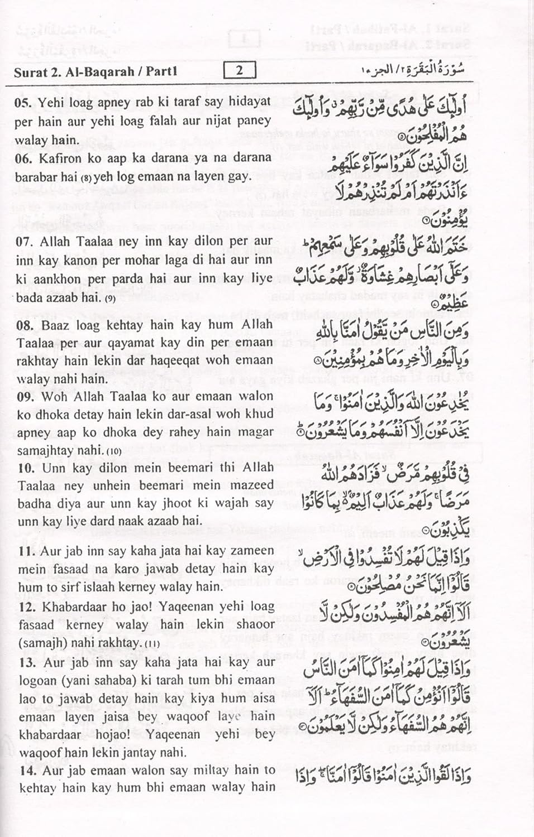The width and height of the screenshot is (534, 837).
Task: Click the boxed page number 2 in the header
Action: (x=239, y=71)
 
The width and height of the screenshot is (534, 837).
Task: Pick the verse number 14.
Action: (x=27, y=770)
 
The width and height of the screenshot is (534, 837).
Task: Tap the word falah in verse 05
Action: (x=168, y=121)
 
